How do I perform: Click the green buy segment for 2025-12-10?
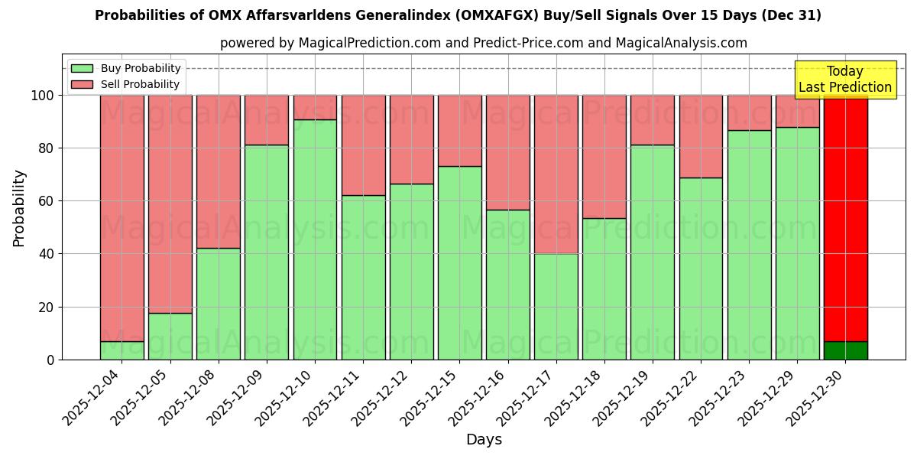click(315, 239)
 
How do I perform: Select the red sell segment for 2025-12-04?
click(122, 218)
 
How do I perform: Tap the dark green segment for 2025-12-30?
click(846, 350)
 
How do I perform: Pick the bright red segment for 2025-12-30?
click(846, 218)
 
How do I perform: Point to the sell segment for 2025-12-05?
click(170, 204)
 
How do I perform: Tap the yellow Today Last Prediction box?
click(845, 80)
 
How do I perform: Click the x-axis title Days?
click(484, 440)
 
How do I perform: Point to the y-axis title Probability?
click(19, 207)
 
